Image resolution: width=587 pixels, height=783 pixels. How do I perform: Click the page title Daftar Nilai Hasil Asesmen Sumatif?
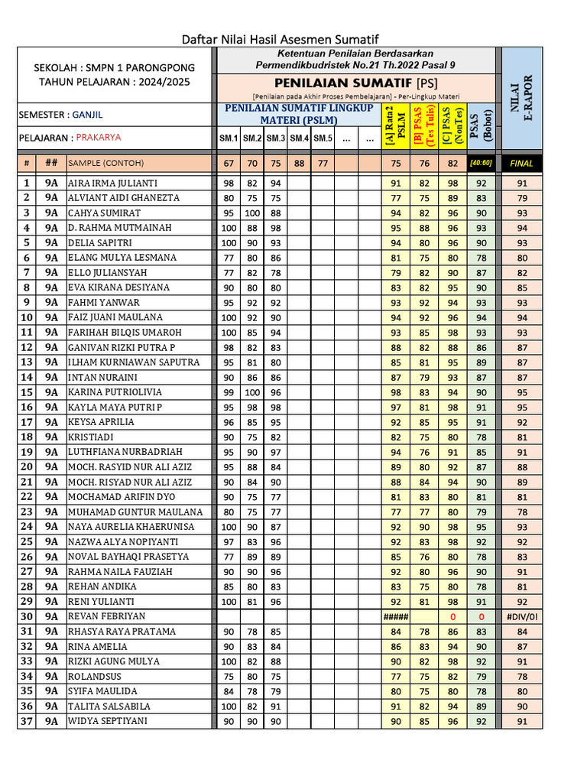280,39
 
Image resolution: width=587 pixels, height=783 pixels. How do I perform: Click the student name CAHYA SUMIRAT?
99,213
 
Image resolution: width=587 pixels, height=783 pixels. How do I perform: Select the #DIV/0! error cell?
522,616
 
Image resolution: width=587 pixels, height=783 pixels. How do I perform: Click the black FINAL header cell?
522,163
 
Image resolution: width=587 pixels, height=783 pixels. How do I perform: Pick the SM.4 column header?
299,138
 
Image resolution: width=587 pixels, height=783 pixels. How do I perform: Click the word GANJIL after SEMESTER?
87,115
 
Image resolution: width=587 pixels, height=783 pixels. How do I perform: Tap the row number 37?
26,721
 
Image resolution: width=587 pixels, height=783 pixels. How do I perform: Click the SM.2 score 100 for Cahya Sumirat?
252,213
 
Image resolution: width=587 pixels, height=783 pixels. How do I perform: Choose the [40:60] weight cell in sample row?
481,163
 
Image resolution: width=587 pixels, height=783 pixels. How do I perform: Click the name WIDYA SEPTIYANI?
108,721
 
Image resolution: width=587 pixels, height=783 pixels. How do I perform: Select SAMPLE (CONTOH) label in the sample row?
105,163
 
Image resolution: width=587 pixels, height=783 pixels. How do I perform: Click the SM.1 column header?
229,138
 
